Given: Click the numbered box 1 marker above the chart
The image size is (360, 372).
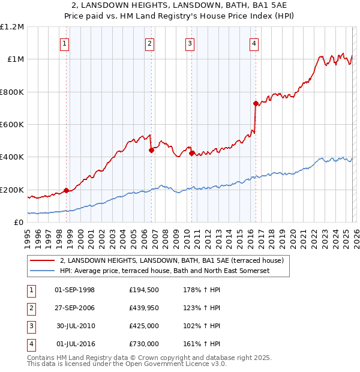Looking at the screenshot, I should click(64, 43).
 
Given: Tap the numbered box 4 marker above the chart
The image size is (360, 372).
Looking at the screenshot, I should click(254, 43).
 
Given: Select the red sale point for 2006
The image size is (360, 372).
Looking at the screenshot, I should click(151, 151).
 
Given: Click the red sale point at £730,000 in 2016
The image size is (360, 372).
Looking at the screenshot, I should click(256, 104).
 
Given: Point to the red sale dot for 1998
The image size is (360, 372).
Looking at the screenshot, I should click(66, 191).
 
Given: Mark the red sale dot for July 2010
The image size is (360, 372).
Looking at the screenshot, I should click(191, 153).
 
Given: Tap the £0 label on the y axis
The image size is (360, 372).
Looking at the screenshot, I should click(18, 223).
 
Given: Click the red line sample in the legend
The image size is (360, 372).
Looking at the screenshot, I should click(43, 260).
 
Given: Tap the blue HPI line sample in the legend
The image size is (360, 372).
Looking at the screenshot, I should click(43, 271).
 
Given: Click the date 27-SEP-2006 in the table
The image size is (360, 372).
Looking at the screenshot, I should click(75, 307).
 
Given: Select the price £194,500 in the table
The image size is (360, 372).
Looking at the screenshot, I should click(144, 290).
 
